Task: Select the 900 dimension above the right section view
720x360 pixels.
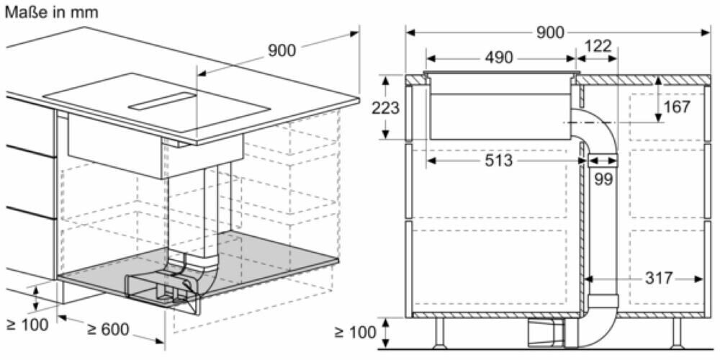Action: [550, 32]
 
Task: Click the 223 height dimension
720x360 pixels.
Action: [386, 108]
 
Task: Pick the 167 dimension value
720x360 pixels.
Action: [677, 107]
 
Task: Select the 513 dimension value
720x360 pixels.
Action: [498, 161]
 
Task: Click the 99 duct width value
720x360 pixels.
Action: [603, 179]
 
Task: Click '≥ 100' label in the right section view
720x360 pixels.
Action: [355, 332]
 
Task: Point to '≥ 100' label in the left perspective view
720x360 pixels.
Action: [26, 324]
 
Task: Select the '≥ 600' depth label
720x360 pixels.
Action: [108, 330]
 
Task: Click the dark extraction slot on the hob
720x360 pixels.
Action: [162, 102]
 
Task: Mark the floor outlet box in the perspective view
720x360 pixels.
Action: [155, 291]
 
